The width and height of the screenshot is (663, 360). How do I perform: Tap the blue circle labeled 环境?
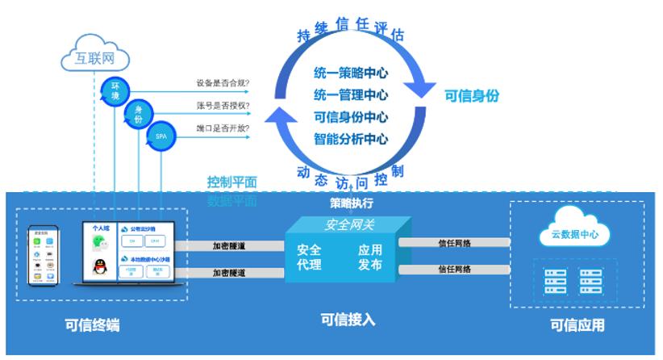(115, 90)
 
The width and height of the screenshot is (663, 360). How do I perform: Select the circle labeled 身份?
(138, 114)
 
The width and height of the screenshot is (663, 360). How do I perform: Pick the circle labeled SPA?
(160, 137)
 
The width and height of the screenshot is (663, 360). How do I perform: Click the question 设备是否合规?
(223, 82)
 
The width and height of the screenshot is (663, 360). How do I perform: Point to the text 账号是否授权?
(223, 106)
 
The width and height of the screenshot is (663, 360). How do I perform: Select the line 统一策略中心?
(351, 73)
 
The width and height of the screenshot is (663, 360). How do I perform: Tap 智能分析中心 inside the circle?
(351, 139)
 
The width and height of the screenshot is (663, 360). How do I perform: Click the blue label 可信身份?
(472, 95)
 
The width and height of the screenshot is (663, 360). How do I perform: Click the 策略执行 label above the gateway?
(352, 203)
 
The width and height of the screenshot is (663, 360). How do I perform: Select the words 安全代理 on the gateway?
(309, 257)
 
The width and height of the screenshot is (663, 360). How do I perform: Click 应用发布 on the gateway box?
(370, 257)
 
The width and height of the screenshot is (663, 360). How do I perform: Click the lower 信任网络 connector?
(454, 270)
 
